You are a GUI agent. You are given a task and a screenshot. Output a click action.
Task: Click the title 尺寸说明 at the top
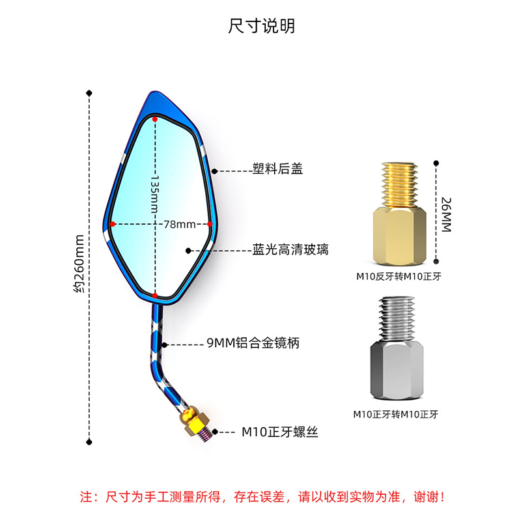262,26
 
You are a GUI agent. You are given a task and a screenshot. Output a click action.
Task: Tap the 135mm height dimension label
154,193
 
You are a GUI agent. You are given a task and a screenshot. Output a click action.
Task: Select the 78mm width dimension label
180,224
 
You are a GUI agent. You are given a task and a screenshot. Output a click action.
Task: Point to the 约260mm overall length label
79,264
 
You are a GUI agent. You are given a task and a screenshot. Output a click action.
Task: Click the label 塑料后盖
277,169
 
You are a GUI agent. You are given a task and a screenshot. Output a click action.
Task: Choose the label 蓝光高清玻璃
290,249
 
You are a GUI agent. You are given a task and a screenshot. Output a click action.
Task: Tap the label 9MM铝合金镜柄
253,343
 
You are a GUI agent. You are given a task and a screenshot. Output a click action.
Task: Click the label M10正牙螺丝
280,432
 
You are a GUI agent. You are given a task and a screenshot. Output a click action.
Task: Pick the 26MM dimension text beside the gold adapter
446,215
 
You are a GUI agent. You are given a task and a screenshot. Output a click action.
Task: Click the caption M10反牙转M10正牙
399,276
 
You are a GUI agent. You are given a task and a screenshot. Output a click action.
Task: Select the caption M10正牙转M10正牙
395,414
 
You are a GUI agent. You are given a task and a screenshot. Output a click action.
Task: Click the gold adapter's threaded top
399,185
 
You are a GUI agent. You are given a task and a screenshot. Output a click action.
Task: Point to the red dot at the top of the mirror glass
155,119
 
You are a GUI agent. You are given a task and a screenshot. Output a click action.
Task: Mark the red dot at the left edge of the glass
113,224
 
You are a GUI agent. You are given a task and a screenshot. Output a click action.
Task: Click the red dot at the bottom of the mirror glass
155,296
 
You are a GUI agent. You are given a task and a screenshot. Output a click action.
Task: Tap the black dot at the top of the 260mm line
89,93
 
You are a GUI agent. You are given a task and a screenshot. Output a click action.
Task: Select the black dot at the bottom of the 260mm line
89,442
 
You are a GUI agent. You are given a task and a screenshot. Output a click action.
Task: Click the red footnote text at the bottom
262,497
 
